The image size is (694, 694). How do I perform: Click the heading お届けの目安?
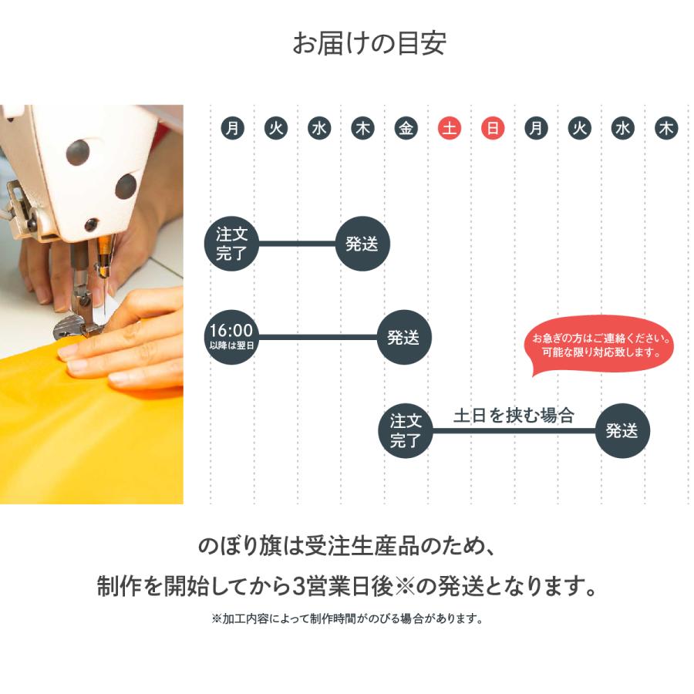click(x=368, y=43)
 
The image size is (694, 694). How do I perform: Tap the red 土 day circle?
click(x=450, y=129)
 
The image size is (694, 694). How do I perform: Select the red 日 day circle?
click(x=493, y=129)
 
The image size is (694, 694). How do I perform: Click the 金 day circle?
click(x=406, y=129)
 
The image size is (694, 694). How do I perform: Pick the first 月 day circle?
click(x=232, y=129)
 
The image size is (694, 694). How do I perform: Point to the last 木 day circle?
click(x=666, y=129)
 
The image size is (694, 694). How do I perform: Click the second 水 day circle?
click(x=623, y=129)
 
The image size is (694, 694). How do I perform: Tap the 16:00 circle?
click(x=231, y=337)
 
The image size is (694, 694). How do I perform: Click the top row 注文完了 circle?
click(x=231, y=244)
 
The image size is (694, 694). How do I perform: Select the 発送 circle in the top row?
click(x=362, y=244)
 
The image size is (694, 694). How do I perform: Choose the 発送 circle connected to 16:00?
click(x=403, y=337)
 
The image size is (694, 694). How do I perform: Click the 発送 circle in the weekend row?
click(x=622, y=431)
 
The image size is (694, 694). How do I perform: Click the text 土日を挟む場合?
click(x=514, y=416)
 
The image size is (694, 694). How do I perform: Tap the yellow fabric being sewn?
click(x=85, y=440)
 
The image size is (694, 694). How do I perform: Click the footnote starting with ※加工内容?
click(x=346, y=618)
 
